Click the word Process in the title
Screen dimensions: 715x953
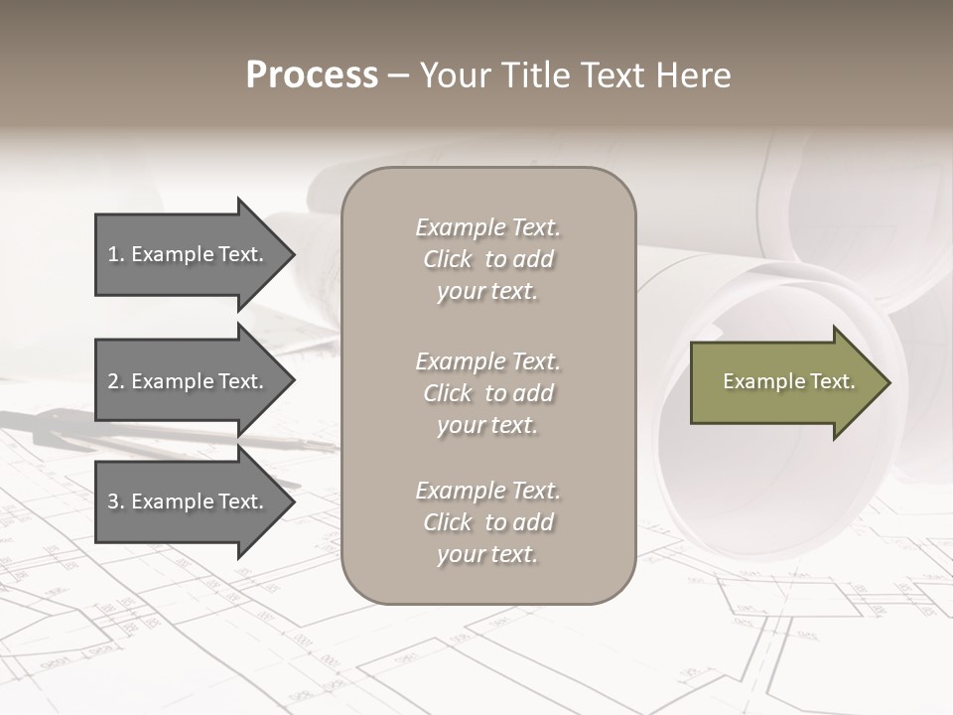(x=312, y=75)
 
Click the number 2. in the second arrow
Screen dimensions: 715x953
(x=116, y=381)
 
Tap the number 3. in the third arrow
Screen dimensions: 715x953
(x=116, y=501)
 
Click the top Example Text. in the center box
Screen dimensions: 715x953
(x=487, y=227)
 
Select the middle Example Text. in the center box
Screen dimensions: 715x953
(x=487, y=360)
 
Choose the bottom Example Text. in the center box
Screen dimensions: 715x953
(x=487, y=491)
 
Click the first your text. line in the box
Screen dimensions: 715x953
(x=487, y=291)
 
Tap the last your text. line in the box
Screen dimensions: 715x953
(x=487, y=554)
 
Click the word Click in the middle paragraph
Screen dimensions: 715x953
(x=448, y=393)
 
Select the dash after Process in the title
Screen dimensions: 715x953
(x=399, y=76)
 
